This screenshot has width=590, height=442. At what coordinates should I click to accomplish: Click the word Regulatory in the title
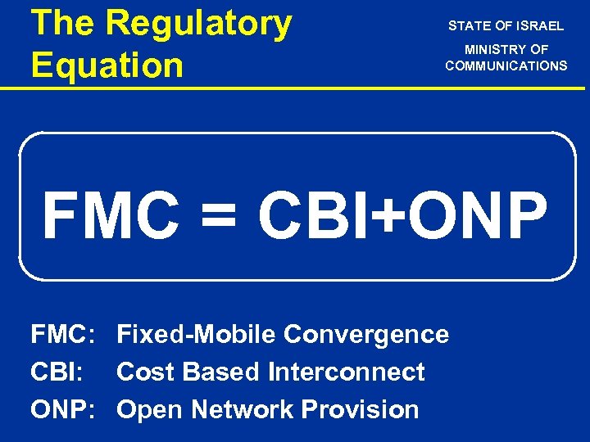[x=199, y=25]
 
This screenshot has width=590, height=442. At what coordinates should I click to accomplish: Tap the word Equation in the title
[x=107, y=64]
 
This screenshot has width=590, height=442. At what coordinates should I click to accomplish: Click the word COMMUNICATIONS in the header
[x=506, y=65]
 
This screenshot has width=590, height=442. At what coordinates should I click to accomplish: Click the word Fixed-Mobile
[x=197, y=335]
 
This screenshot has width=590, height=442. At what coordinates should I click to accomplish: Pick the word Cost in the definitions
[x=147, y=372]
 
